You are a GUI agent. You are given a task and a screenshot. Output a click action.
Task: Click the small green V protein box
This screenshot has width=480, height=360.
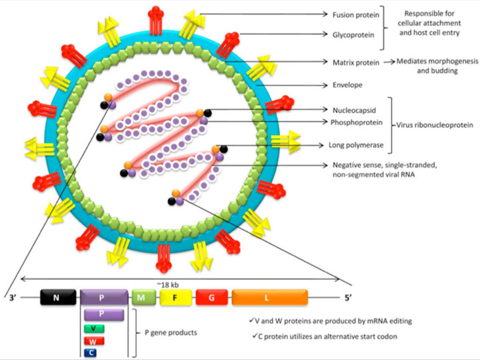coord(94,328)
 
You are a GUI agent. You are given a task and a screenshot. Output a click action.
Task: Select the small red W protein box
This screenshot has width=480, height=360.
coord(94,340)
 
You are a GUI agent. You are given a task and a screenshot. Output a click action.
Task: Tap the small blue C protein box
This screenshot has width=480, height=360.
coord(94,352)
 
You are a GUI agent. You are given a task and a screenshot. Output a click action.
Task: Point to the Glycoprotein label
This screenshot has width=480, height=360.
coord(351,34)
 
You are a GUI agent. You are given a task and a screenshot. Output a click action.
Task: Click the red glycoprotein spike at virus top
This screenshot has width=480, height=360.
coord(156,17)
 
